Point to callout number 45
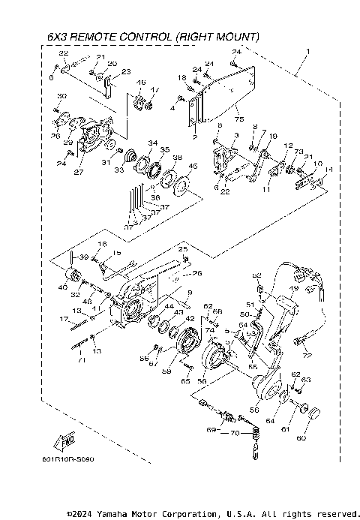[193, 167]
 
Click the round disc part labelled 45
[181, 179]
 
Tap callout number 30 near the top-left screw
[62, 96]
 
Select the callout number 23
[125, 72]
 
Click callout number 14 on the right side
[327, 170]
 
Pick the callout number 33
[118, 170]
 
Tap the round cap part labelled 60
[311, 412]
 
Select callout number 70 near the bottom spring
[235, 434]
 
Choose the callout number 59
[167, 370]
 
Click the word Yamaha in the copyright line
[111, 514]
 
